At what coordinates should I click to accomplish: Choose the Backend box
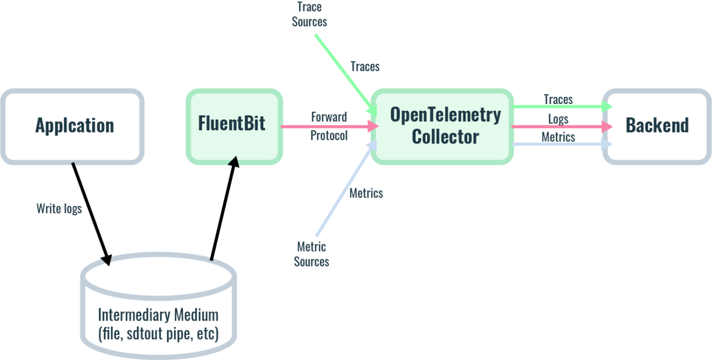click(x=657, y=126)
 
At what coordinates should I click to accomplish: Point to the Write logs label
click(x=59, y=209)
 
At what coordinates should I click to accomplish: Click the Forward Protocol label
click(x=329, y=126)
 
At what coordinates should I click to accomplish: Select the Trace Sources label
click(x=311, y=15)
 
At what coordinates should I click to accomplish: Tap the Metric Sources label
click(x=312, y=254)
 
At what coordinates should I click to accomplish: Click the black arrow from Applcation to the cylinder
click(x=90, y=211)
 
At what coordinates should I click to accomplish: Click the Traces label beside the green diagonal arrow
click(x=365, y=67)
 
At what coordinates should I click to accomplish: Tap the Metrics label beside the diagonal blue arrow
click(x=366, y=194)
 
